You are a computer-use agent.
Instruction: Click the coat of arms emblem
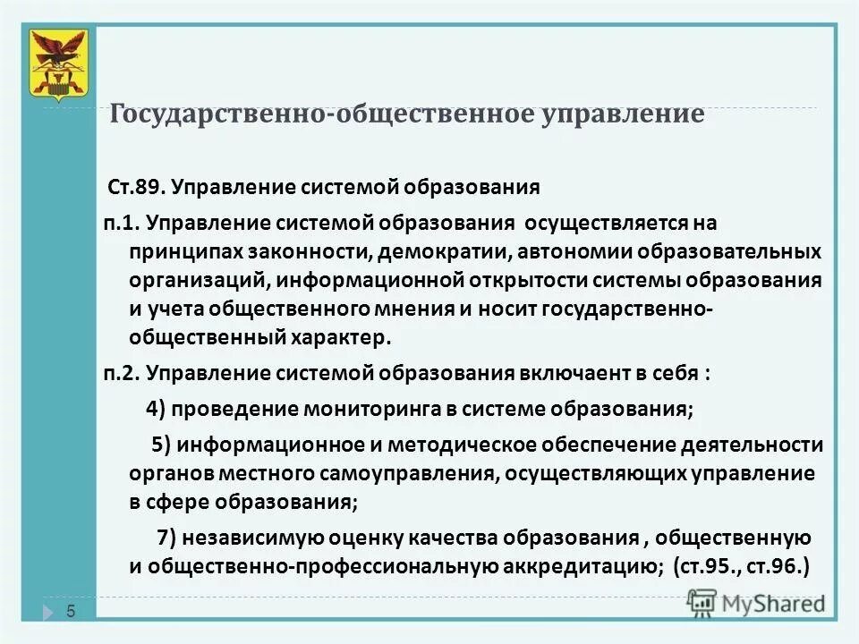pos(59,64)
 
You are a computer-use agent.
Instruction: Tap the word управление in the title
pos(623,115)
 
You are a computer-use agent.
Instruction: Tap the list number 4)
pos(156,409)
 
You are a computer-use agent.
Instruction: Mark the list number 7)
pos(167,538)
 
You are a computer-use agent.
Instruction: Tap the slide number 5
pos(71,611)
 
